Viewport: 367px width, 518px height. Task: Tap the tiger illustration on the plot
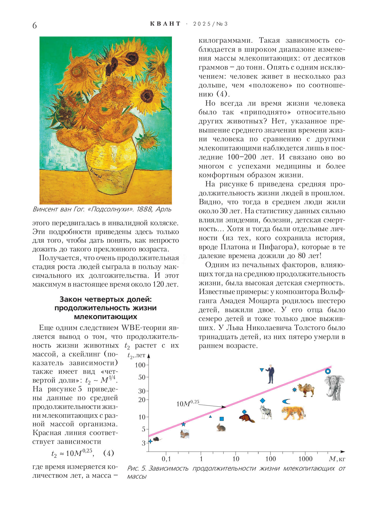[293, 412]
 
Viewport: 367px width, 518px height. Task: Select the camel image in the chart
[306, 390]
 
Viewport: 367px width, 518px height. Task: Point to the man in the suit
[271, 374]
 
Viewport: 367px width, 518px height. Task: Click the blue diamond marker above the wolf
[262, 400]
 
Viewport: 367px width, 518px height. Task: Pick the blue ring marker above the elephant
[328, 371]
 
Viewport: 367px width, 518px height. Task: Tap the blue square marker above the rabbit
[221, 419]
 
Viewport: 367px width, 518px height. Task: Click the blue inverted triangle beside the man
[262, 370]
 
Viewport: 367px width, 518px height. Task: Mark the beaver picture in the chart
[246, 418]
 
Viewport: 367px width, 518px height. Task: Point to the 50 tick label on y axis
[141, 377]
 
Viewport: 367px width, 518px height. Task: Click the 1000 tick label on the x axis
[305, 459]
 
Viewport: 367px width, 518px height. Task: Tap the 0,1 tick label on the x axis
[166, 459]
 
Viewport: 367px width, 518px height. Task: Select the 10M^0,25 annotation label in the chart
[188, 403]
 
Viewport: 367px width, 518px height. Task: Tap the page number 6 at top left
[35, 26]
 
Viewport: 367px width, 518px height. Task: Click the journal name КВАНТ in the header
[165, 24]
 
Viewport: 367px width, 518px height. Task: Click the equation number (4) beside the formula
[108, 453]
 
